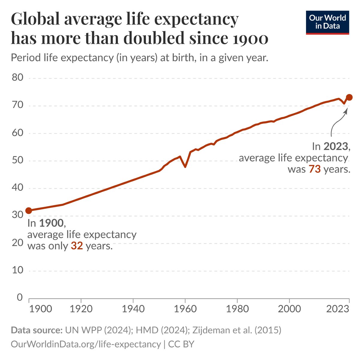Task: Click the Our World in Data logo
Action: (327, 22)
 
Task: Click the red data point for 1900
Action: (28, 211)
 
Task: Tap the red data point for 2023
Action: (349, 97)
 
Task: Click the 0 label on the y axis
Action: (20, 297)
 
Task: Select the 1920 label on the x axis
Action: (81, 309)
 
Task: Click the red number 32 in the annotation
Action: (77, 246)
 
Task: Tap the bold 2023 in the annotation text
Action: (335, 146)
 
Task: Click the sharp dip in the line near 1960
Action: (185, 166)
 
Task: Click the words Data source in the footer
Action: (35, 330)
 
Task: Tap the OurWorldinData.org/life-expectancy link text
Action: (86, 344)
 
